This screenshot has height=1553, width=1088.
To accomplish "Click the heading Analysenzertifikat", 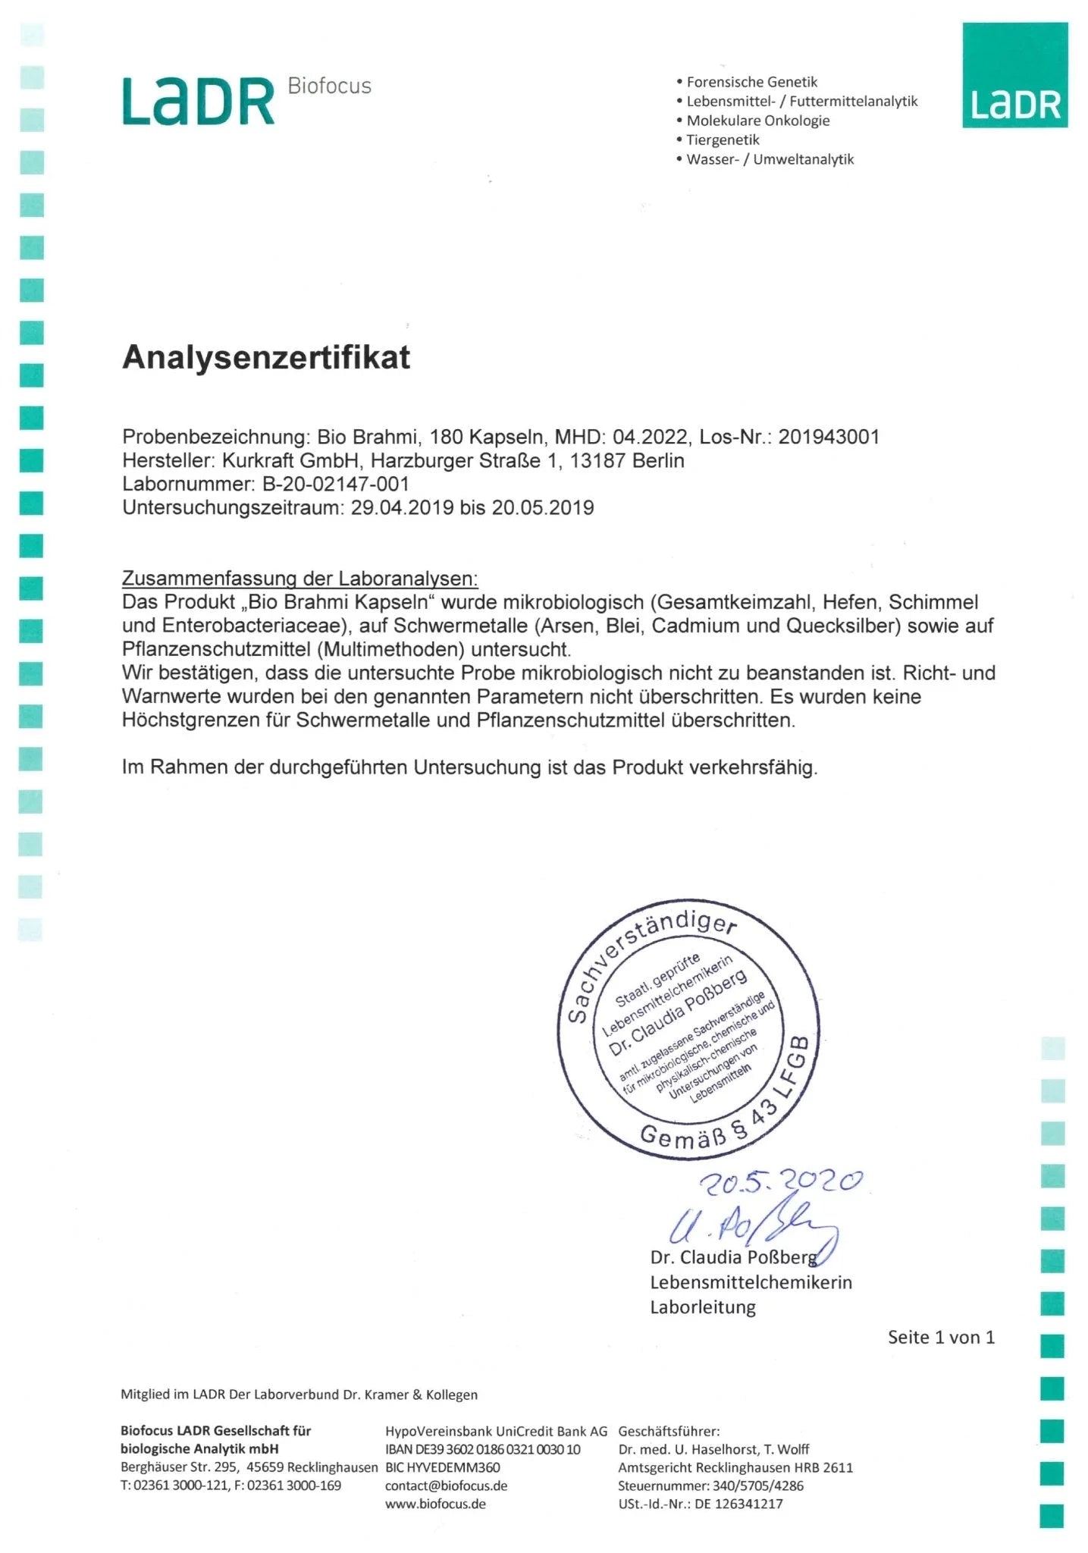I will [x=266, y=357].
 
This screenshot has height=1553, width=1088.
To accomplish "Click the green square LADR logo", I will [x=1014, y=75].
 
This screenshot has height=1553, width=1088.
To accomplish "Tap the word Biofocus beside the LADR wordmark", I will [x=329, y=86].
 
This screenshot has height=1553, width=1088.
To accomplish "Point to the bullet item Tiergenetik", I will [x=722, y=140].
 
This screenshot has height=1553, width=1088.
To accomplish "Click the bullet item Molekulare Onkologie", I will [x=757, y=121].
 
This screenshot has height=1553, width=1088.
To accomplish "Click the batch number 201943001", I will [x=829, y=437].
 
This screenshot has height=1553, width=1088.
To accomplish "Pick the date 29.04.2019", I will [x=402, y=507].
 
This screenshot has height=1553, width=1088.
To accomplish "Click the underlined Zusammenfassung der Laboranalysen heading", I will [x=300, y=579].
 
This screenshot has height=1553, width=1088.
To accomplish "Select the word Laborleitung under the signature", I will [x=703, y=1307].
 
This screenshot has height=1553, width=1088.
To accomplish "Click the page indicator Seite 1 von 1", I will [x=941, y=1337].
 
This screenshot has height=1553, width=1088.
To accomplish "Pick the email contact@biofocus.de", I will [x=446, y=1486].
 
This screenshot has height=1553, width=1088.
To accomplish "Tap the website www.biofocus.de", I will [x=435, y=1504].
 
